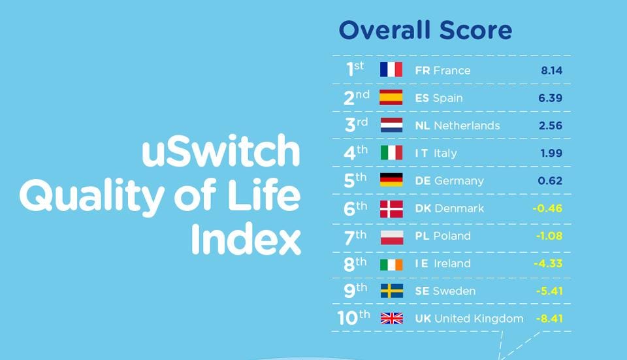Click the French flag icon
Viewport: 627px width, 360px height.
coord(391,70)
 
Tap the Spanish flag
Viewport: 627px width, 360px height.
coord(391,98)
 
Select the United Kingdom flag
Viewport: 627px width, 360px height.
coord(391,319)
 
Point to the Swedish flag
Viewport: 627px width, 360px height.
coord(391,291)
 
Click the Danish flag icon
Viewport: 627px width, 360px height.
coord(391,208)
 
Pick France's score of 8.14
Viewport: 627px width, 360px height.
coord(551,71)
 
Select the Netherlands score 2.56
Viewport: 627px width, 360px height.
coord(551,125)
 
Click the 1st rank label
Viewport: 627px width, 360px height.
coord(355,69)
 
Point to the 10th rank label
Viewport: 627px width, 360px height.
coord(353,318)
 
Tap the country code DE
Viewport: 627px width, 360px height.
coord(423,181)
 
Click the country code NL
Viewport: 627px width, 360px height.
coord(423,125)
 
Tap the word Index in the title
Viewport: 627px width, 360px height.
coord(246,240)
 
